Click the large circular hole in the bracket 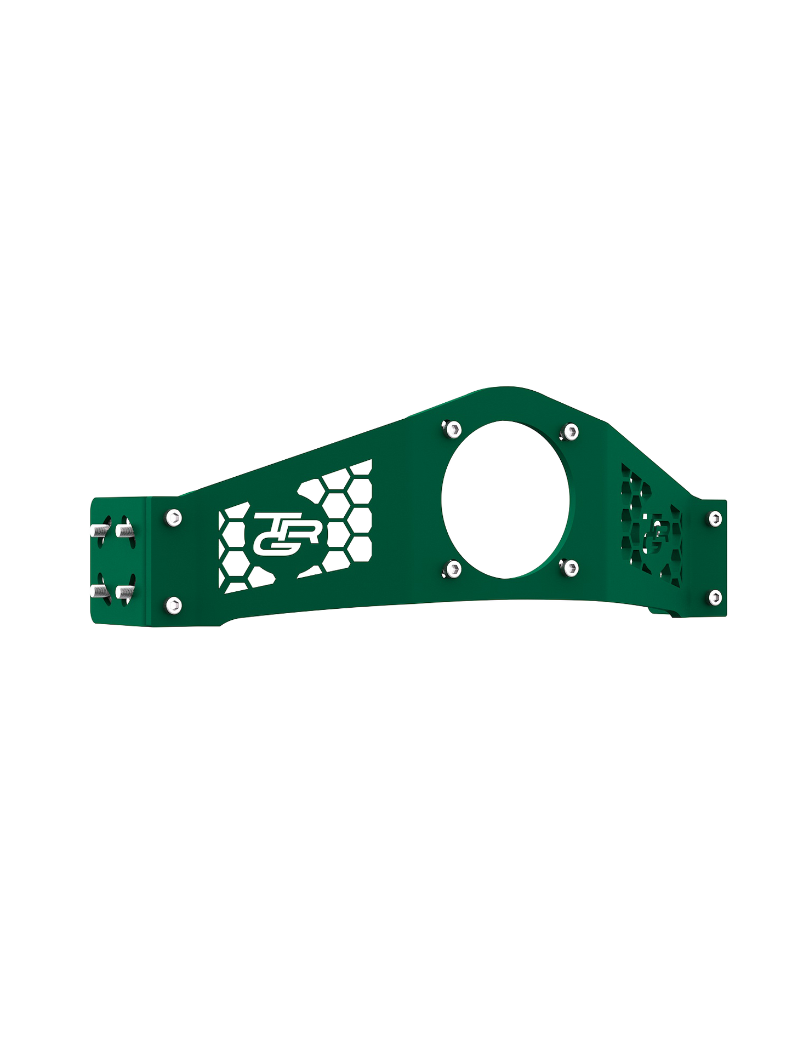click(x=505, y=499)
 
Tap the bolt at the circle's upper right click(x=571, y=432)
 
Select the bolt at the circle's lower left click(x=453, y=569)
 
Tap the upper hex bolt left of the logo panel click(x=173, y=517)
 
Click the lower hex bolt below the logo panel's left click(x=173, y=605)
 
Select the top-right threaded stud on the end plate click(x=124, y=530)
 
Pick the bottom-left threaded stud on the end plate click(x=97, y=592)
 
